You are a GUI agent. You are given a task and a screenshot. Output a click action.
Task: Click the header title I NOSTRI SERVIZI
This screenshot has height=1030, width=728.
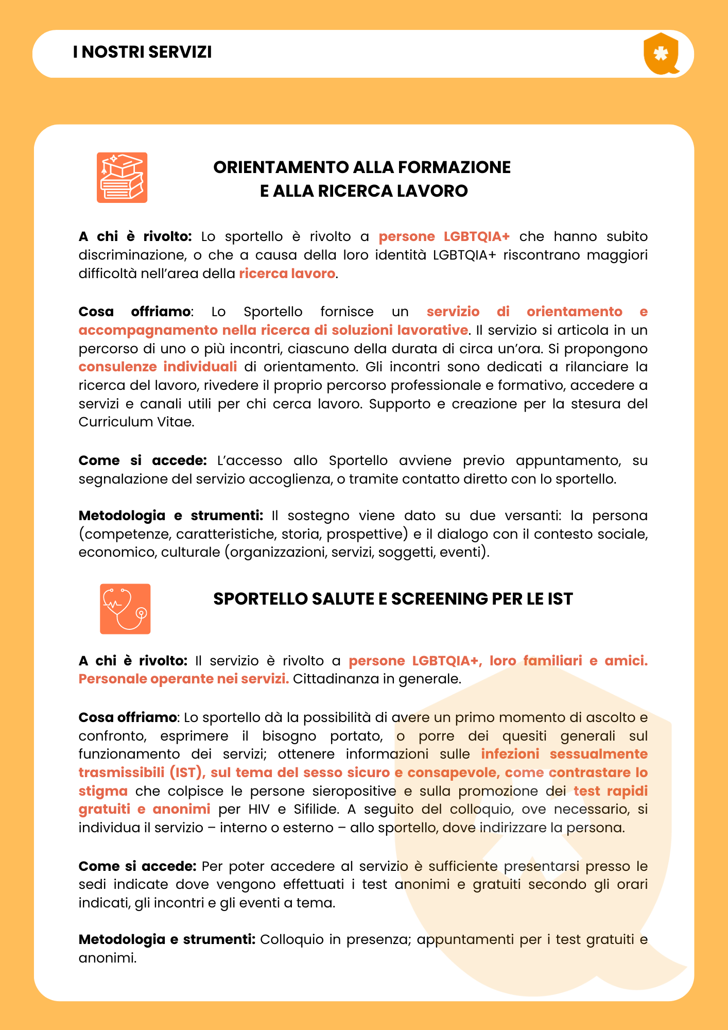(142, 53)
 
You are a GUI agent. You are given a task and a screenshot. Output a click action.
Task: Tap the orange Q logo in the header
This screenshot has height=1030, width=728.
(661, 54)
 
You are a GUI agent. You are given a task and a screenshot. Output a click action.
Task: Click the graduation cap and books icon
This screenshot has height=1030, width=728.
(122, 178)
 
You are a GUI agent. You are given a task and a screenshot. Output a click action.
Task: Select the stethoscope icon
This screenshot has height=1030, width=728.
(125, 609)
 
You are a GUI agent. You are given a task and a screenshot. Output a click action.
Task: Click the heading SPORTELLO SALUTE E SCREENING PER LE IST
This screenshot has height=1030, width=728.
(393, 599)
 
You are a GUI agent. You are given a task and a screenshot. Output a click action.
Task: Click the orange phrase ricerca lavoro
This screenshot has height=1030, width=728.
(287, 273)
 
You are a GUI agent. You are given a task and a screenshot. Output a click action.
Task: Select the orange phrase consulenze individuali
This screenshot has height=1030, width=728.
(158, 367)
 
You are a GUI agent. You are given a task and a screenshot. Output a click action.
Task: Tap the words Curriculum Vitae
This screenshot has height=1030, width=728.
(136, 422)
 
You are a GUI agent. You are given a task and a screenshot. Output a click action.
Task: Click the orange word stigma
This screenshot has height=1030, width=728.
(103, 791)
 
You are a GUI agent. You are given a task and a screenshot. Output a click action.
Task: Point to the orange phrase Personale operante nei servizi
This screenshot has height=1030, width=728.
(183, 679)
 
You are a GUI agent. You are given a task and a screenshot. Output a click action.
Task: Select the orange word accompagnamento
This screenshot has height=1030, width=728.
(148, 330)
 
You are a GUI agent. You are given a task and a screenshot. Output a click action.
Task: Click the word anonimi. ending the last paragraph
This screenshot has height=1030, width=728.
(108, 958)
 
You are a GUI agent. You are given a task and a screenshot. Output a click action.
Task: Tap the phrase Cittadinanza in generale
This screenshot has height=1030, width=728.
(377, 679)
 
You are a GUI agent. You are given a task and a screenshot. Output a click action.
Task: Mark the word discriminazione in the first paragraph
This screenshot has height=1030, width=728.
(130, 255)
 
